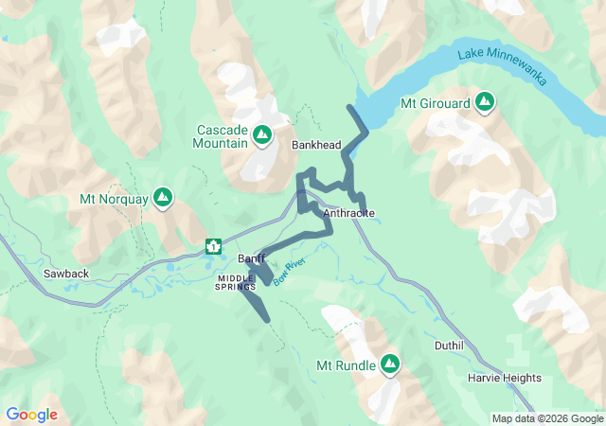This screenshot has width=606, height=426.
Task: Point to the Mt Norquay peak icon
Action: point(164,198)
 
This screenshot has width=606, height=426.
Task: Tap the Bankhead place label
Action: point(316,145)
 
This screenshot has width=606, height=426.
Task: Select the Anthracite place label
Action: point(349,214)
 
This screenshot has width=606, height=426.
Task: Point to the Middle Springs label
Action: point(236,282)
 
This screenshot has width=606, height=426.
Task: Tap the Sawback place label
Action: point(66,274)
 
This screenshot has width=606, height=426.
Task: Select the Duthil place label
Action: point(449,346)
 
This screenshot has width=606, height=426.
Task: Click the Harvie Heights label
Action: point(505,378)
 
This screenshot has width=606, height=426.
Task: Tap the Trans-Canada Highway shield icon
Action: point(213,247)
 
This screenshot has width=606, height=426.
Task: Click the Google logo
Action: point(31,415)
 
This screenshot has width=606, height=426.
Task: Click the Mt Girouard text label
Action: point(436,101)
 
